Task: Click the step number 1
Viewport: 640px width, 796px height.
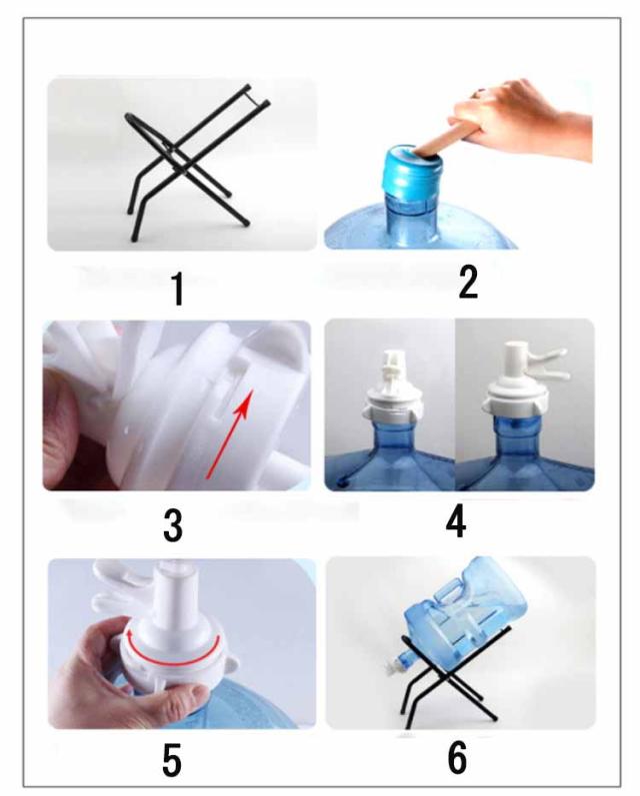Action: pos(177,289)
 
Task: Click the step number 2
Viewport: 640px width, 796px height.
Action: pos(468,283)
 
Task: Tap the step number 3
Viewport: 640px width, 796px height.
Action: pos(173,526)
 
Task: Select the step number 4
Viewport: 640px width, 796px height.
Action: pos(455,522)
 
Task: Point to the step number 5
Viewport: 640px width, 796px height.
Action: pos(172,760)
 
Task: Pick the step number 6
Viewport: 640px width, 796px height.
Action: pos(457,758)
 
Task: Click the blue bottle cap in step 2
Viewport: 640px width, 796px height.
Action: pos(411,174)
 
